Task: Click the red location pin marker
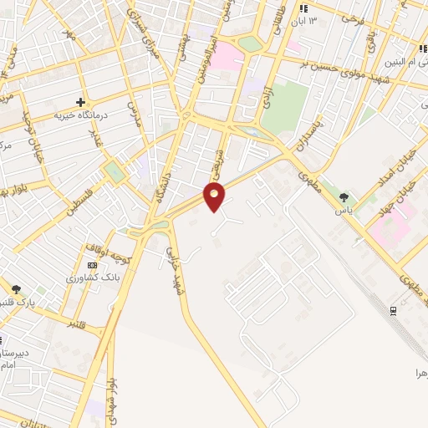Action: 215,196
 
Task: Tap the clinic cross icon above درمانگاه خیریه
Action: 81,102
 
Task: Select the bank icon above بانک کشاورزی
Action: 91,265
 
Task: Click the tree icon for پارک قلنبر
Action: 16,289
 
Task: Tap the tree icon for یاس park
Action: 344,197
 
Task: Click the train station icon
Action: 393,311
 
